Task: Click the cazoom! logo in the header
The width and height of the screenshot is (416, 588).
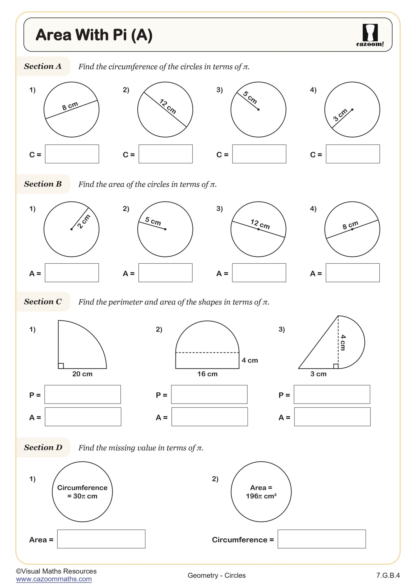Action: tap(370, 35)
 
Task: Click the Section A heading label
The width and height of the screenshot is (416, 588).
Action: tap(43, 66)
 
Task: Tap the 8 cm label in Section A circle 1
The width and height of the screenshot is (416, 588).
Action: tap(70, 106)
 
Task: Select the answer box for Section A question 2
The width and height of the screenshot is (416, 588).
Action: tap(165, 154)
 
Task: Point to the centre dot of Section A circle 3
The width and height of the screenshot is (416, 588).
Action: tap(258, 110)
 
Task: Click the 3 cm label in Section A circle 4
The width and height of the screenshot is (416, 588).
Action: tap(340, 115)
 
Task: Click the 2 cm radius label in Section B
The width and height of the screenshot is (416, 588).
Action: tap(84, 221)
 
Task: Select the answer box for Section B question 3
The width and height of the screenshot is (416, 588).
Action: tap(259, 273)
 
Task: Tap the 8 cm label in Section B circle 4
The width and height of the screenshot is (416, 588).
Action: tap(350, 225)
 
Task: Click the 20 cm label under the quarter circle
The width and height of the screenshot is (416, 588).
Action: tap(82, 374)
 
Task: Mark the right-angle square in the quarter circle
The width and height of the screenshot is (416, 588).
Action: tap(61, 366)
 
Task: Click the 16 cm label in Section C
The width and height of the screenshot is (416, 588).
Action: tap(207, 374)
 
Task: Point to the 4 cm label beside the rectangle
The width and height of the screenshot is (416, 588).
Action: tap(250, 360)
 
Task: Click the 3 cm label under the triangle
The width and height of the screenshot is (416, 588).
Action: tap(318, 374)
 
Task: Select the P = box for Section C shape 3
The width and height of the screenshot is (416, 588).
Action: tap(332, 394)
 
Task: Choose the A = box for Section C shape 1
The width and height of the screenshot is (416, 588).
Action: tap(83, 417)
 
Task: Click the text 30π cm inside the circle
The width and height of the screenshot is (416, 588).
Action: tap(82, 496)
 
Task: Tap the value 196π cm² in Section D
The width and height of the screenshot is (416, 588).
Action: tap(261, 496)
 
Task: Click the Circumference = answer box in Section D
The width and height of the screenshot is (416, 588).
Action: tap(322, 539)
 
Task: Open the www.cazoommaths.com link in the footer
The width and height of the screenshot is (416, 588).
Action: tap(54, 579)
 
